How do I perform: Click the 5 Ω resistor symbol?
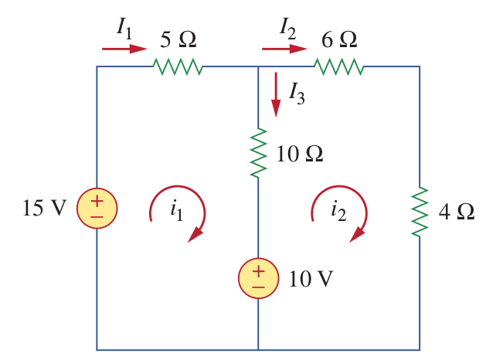(179, 67)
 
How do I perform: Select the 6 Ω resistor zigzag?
(338, 67)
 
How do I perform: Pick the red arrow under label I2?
(284, 49)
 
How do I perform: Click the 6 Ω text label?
(338, 38)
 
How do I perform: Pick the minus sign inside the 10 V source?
(258, 287)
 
